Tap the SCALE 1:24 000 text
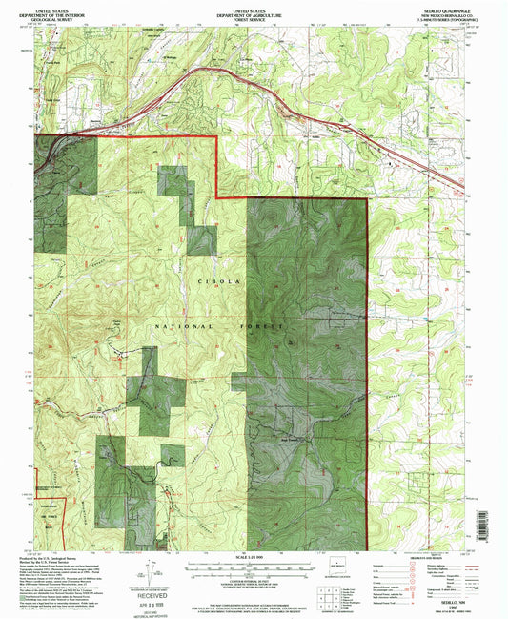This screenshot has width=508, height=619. [254, 556]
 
